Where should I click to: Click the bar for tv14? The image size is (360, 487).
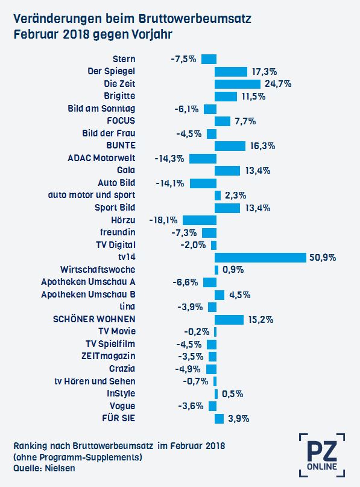point(261,258)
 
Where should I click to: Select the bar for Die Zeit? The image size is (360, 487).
point(238,84)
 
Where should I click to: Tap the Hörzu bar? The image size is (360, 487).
point(199,220)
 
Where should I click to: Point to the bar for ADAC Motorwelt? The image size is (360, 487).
point(203,158)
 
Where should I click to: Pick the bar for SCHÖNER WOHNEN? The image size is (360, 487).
point(229,320)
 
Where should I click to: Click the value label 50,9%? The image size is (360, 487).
point(323,258)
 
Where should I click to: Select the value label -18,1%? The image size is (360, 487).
point(163,220)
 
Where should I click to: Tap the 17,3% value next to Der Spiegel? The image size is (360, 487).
point(264,72)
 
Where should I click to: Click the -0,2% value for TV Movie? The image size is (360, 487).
point(197,332)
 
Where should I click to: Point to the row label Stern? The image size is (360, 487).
point(124,59)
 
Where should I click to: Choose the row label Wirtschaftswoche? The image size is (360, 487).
point(98,269)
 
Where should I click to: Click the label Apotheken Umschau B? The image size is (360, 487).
point(88,294)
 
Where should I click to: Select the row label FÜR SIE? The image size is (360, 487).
point(119,418)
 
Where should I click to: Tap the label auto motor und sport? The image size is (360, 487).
point(92,195)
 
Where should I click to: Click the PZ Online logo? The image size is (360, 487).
point(322,455)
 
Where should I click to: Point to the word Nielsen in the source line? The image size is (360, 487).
point(60,468)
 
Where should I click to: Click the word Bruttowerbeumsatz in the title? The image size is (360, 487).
point(195,19)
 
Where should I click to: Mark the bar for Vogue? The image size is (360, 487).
point(212,406)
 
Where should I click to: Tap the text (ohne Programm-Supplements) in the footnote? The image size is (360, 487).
point(78,457)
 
